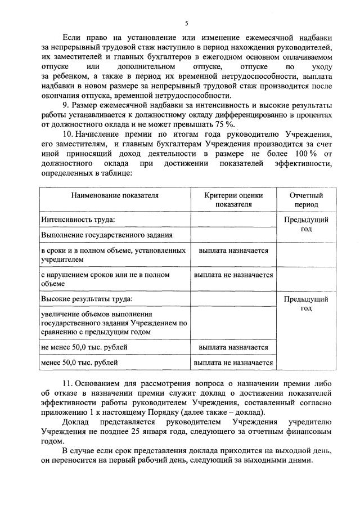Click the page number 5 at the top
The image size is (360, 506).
pyautogui.click(x=186, y=23)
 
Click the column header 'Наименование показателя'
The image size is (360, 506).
pyautogui.click(x=115, y=195)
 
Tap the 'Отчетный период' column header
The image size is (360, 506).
pyautogui.click(x=306, y=200)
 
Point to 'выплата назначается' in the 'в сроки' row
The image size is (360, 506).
pyautogui.click(x=233, y=250)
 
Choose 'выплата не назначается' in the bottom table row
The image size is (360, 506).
pyautogui.click(x=233, y=363)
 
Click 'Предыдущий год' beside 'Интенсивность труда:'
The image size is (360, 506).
pyautogui.click(x=306, y=224)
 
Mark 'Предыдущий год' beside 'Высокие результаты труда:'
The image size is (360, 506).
pyautogui.click(x=306, y=303)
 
